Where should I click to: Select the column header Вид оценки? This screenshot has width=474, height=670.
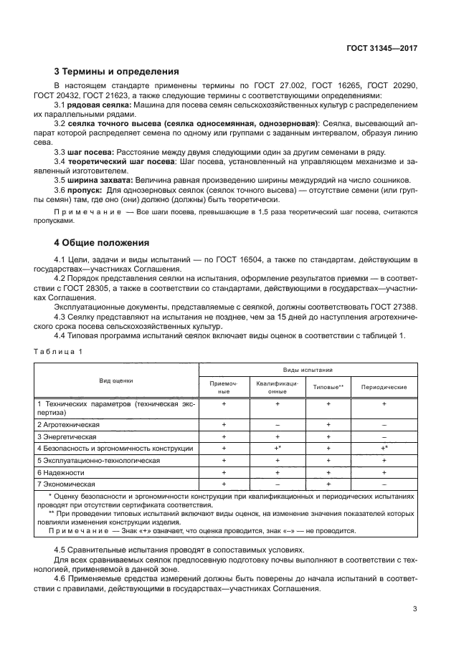pos(116,381)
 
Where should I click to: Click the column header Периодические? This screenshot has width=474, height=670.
pos(384,387)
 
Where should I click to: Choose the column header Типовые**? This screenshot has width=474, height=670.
pos(328,387)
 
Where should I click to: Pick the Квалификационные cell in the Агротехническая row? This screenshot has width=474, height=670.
pos(278,425)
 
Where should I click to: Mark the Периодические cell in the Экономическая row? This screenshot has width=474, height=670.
pos(384,484)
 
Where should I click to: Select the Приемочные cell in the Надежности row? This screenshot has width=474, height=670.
pos(224,473)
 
